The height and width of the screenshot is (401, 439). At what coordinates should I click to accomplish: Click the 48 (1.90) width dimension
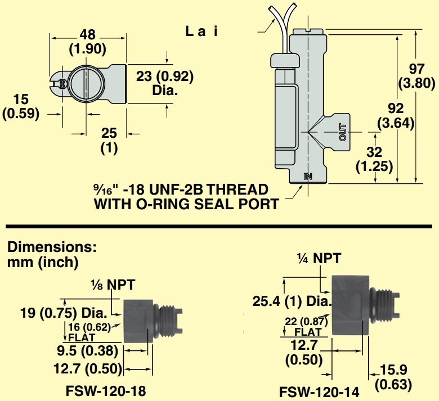[88, 42]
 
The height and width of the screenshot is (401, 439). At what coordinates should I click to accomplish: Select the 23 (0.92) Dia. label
[165, 83]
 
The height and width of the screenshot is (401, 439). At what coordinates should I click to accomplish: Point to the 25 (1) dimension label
[108, 141]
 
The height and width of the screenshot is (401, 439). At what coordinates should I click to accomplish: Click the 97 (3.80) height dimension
[416, 75]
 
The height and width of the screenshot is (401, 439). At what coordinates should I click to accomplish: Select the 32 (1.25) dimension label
[374, 159]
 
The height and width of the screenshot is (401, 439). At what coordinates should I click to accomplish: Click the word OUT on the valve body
[343, 132]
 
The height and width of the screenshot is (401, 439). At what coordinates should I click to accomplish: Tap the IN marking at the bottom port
[308, 176]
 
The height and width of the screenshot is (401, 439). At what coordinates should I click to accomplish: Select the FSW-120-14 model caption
[319, 393]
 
